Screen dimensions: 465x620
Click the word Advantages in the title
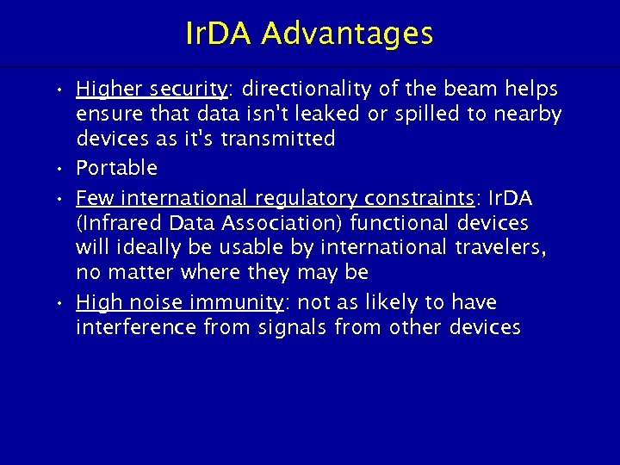[x=347, y=34]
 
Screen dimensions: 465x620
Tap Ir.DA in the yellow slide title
[x=220, y=34]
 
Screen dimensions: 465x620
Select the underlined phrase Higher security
[x=151, y=90]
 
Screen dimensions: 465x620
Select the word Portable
[x=116, y=167]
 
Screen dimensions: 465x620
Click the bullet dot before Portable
[x=59, y=167]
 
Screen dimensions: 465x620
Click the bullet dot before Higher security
[x=59, y=90]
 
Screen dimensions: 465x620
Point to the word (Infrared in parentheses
[x=118, y=223]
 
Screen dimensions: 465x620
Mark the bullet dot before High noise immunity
[x=59, y=302]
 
